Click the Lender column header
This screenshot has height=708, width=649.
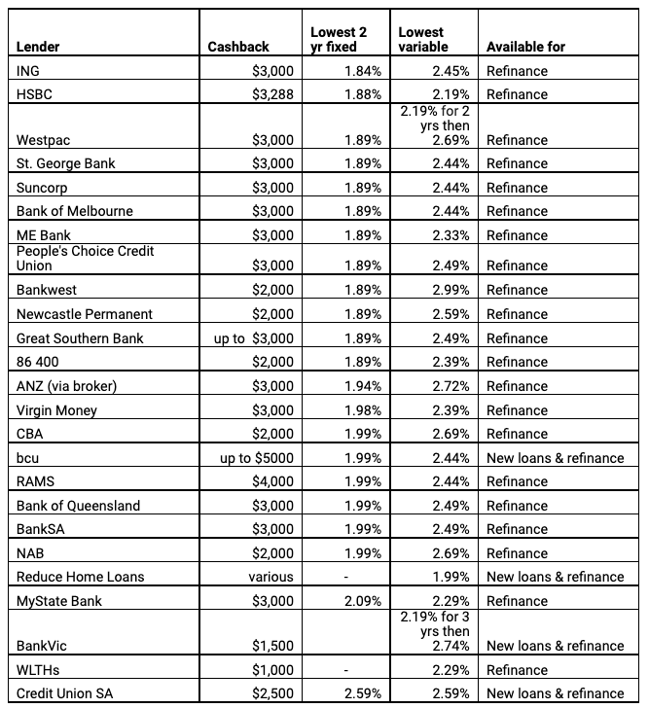(x=39, y=47)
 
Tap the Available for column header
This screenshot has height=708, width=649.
(x=525, y=47)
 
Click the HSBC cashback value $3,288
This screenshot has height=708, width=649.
(x=277, y=94)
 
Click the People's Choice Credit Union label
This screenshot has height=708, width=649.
(x=85, y=258)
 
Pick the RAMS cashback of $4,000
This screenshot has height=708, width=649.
(x=277, y=481)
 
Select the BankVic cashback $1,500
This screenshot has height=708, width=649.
(x=277, y=646)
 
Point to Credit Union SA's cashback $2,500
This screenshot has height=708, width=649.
(x=277, y=693)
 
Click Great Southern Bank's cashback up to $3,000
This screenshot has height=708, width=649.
(x=257, y=337)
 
